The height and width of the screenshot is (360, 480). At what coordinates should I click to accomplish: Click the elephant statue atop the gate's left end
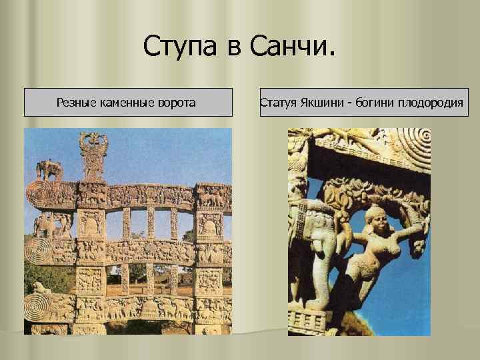[x=49, y=169]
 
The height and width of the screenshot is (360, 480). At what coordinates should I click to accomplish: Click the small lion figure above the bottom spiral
[x=40, y=288]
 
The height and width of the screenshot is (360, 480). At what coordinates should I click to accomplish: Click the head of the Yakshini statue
[x=377, y=217]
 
